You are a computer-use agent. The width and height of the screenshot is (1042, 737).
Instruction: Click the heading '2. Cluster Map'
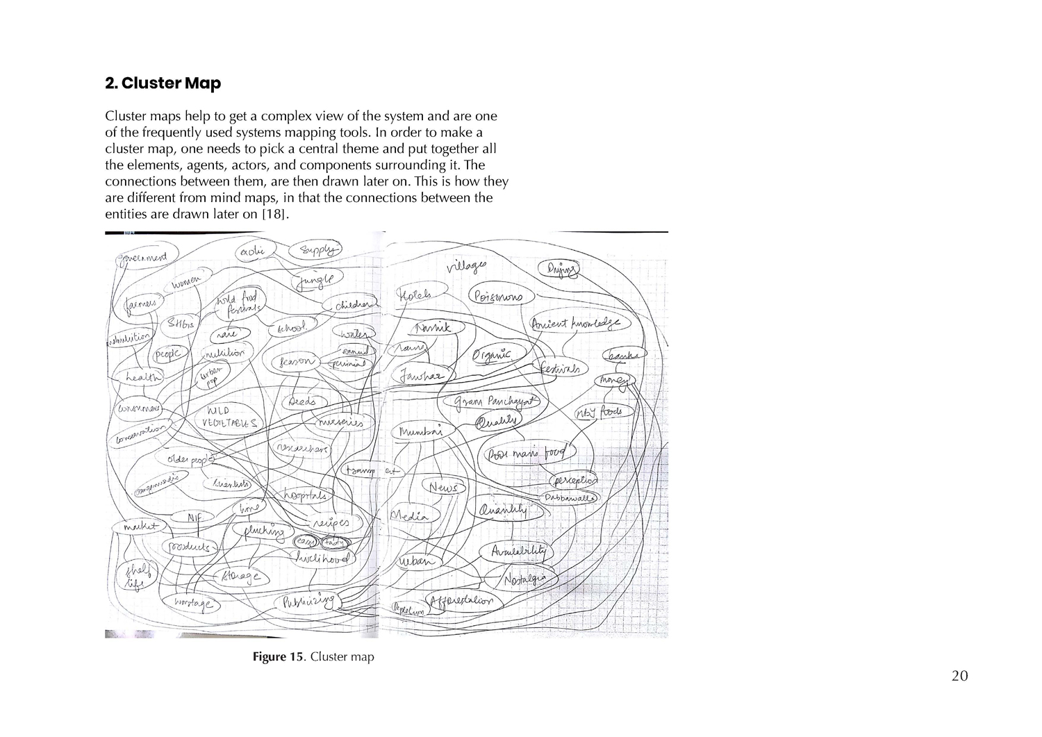click(163, 83)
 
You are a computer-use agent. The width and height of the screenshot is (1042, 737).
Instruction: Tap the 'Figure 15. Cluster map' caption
click(313, 657)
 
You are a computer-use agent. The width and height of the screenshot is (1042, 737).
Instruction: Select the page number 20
click(959, 676)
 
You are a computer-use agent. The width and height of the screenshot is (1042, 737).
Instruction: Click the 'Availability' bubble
click(518, 552)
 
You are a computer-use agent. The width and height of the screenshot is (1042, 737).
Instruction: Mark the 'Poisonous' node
click(499, 297)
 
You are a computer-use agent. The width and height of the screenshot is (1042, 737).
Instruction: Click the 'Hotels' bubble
click(416, 295)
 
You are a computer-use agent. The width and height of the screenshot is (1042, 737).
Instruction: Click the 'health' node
click(142, 376)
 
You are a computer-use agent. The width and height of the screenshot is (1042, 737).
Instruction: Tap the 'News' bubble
click(443, 488)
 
